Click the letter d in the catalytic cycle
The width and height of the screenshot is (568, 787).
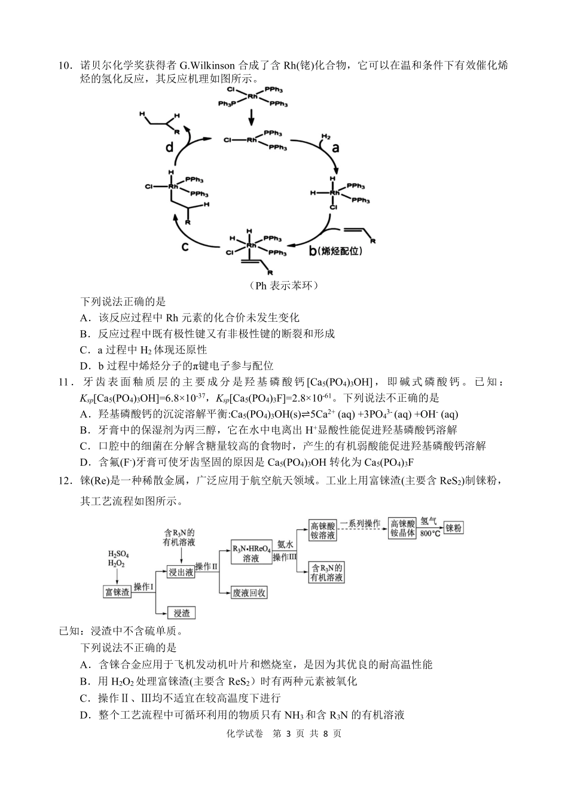170,146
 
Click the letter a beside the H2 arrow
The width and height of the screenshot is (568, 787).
335,148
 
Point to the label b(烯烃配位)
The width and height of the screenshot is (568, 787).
335,251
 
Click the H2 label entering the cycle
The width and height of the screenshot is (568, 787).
325,136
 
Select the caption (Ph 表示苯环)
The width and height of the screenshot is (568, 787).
284,285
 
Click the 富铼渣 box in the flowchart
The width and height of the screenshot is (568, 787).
117,592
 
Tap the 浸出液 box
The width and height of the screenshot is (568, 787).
180,572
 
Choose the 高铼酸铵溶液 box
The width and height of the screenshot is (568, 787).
322,530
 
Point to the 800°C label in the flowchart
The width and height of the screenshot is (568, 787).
430,533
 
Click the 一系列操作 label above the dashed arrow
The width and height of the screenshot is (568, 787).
360,523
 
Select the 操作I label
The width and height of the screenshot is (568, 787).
143,587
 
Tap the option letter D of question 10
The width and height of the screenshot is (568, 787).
84,365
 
